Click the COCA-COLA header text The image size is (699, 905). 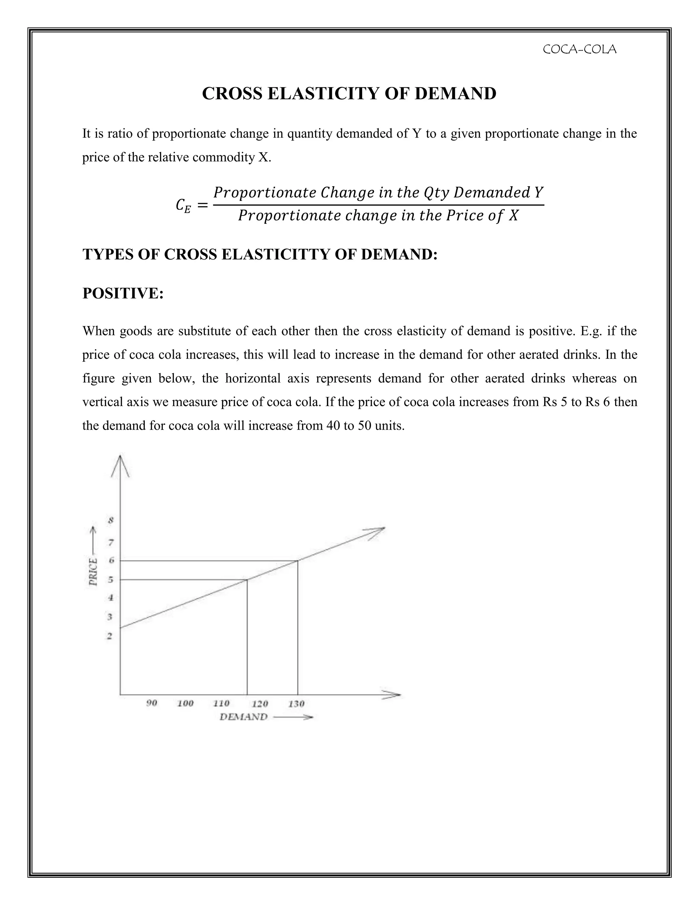(579, 49)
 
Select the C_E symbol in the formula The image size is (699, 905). (183, 206)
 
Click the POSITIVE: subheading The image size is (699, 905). (123, 293)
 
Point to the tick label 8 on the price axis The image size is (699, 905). (111, 520)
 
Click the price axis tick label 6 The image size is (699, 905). (111, 560)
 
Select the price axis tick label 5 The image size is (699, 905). (111, 579)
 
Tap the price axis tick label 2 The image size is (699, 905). (110, 636)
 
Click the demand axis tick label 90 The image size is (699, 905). (152, 703)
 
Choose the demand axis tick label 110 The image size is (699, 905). (221, 703)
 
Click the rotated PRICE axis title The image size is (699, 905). (94, 572)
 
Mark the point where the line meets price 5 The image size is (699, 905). (247, 579)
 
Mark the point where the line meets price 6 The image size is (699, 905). (298, 560)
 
